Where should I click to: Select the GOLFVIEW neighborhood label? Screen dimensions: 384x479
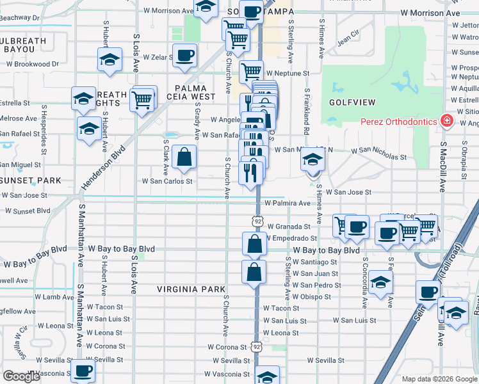346,102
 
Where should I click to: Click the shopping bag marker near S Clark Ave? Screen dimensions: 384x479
184,157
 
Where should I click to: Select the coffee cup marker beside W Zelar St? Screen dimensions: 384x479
185,56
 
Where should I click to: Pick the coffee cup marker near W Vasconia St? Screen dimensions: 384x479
83,371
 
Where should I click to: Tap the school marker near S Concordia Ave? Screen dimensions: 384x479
380,284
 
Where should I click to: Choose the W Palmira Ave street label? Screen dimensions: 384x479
287,204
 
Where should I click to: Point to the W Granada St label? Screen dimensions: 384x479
289,226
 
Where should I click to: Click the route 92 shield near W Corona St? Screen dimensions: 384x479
257,346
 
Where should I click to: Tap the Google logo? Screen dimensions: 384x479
21,376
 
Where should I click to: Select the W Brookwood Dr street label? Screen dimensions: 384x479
33,64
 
